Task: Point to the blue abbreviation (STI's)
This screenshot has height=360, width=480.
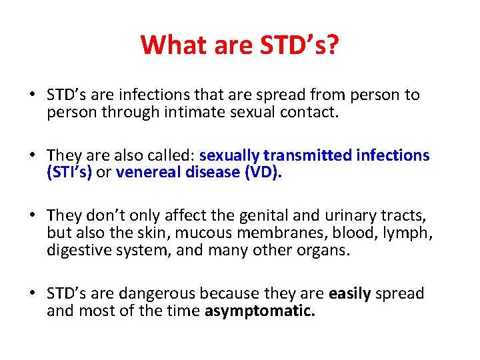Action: click(x=69, y=172)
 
